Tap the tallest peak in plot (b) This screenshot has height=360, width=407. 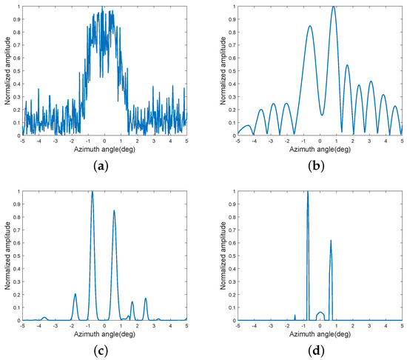point(334,7)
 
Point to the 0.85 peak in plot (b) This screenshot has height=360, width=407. point(310,26)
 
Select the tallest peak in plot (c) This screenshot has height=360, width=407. point(92,192)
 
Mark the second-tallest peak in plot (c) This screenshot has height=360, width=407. point(114,211)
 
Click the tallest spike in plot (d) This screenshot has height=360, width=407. point(307,192)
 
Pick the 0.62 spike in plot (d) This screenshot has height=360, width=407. point(331,241)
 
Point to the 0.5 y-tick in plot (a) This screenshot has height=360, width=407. point(15,70)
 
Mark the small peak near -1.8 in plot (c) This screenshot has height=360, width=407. point(75,294)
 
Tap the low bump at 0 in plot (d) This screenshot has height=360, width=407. point(320,312)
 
